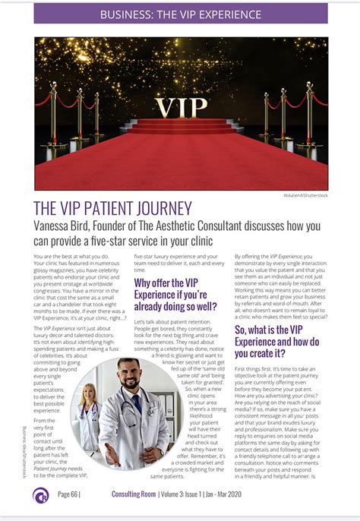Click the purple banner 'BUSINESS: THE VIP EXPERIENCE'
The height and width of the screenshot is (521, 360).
[180, 14]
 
